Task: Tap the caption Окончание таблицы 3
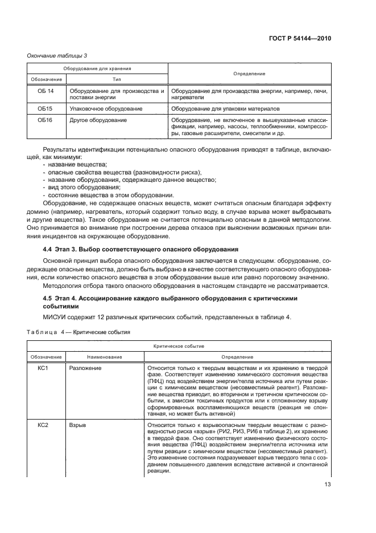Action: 56,55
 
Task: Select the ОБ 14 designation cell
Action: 46,91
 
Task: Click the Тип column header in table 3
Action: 117,79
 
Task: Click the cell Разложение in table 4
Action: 85,368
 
